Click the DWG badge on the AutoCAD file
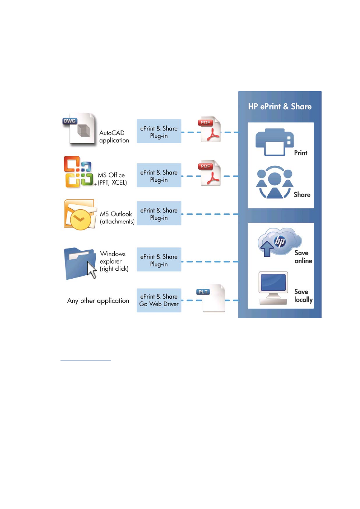[70, 121]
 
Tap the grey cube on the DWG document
[83, 131]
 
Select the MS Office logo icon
[78, 172]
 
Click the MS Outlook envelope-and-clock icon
[80, 215]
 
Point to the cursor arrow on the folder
[92, 270]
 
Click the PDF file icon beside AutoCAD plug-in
[209, 129]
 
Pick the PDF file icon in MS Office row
[209, 173]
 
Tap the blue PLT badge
[203, 292]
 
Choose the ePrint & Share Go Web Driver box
[159, 300]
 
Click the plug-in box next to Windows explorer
[159, 259]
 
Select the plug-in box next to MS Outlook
[159, 213]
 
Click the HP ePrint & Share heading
[280, 106]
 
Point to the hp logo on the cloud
[280, 241]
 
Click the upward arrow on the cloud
[267, 249]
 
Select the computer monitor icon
[273, 288]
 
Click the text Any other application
[98, 301]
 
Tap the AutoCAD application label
[114, 136]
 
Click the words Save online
[303, 257]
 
